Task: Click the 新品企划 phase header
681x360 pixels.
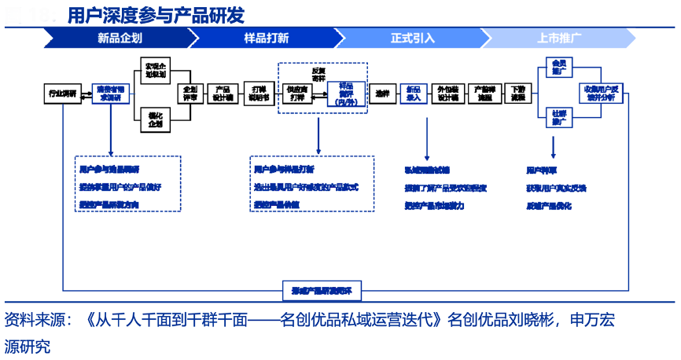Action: [120, 37]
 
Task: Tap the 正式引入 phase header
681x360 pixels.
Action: [412, 37]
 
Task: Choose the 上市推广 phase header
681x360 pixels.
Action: [559, 37]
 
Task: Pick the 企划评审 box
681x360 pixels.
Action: [191, 94]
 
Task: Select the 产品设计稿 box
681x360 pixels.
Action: [223, 94]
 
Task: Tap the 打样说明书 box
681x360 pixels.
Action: [258, 94]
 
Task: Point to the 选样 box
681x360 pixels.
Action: [382, 94]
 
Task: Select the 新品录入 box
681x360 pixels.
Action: [414, 94]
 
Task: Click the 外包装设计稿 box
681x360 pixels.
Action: [448, 94]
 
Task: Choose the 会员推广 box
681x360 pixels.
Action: [559, 67]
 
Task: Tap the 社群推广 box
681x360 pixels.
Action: [559, 118]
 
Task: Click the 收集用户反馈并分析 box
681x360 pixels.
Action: [604, 94]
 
